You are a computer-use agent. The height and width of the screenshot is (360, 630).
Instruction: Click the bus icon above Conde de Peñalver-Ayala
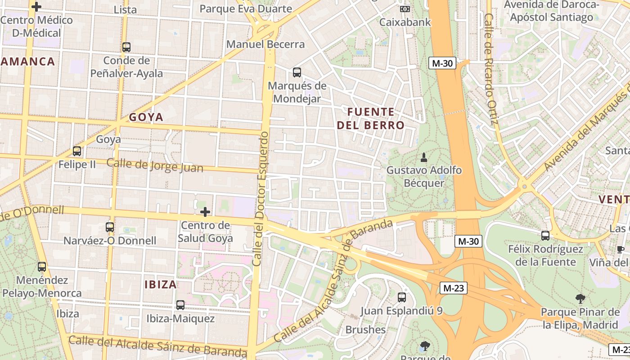pos(126,47)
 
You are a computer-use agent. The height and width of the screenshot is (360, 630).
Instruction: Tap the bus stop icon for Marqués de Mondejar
pos(297,72)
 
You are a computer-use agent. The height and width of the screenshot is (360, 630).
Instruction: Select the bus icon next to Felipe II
pos(77,151)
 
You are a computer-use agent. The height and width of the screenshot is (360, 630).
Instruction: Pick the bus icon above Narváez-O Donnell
pos(110,227)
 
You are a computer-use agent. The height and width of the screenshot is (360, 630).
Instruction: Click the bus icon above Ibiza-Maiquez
pos(180,305)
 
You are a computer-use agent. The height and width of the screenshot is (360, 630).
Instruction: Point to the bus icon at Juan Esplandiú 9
pos(402,297)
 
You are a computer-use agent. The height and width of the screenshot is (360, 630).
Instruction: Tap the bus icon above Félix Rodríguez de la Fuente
pos(545,235)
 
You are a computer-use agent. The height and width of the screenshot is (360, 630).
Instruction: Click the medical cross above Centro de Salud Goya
pos(205,211)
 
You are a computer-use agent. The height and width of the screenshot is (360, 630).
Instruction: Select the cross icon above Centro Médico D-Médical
pos(36,7)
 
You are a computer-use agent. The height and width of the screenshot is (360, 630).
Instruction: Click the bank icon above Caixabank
pos(405,9)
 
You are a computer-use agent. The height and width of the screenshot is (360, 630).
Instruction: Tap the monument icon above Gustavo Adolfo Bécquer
pos(423,157)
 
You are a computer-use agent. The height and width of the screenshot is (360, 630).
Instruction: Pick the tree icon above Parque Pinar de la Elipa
pos(580,298)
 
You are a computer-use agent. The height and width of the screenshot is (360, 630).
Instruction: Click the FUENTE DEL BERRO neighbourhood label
pos(371,118)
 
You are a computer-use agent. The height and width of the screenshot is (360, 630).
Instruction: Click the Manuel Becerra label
pos(265,44)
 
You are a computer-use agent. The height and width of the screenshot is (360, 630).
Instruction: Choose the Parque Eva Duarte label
pos(246,9)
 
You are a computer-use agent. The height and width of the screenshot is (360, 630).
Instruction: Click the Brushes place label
pos(365,329)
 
